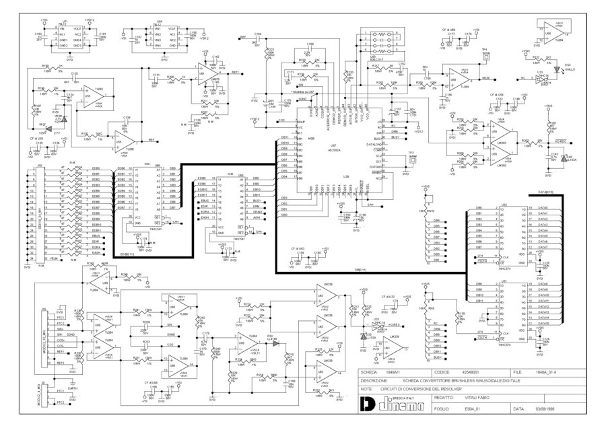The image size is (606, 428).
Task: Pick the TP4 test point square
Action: (484, 57)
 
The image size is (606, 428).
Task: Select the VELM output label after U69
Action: (485, 78)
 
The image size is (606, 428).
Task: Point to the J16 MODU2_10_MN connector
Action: (45, 336)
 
